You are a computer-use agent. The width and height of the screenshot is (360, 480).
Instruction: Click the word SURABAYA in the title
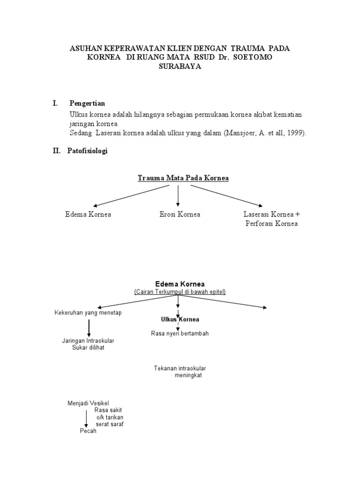point(180,67)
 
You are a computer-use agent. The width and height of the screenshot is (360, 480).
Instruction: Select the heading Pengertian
point(87,103)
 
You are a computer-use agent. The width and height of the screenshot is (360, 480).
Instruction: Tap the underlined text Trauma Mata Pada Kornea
point(183,178)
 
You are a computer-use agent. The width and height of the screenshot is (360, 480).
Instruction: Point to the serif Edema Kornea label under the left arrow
point(88,214)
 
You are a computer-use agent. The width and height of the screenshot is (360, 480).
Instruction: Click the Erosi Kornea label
point(180,214)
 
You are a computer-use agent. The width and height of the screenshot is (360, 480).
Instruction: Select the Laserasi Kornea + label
point(271,214)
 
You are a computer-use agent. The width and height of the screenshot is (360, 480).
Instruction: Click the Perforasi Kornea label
point(271,224)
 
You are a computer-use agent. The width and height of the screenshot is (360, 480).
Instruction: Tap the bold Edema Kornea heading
point(180,284)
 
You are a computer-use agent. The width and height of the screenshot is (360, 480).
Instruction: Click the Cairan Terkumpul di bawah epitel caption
point(180,292)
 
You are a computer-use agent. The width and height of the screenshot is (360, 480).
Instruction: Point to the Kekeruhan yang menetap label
point(88,313)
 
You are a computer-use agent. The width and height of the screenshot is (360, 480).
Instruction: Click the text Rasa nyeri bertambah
point(180,333)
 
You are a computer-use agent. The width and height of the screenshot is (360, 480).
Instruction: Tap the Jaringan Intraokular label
point(89,340)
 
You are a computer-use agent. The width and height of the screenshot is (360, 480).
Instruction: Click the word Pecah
point(88,431)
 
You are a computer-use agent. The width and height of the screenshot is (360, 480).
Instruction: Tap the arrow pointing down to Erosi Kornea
point(178,196)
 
